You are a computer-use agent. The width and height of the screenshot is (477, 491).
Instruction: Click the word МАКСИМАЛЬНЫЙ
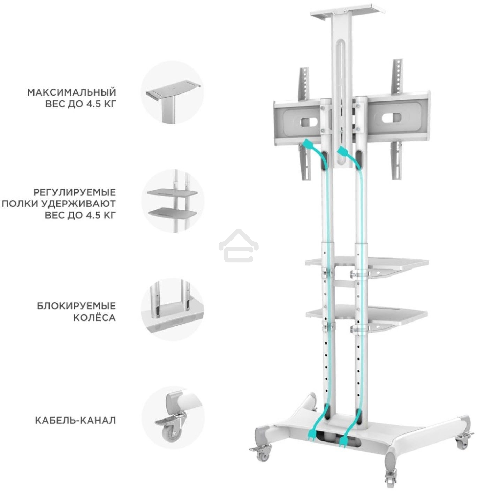click(71, 93)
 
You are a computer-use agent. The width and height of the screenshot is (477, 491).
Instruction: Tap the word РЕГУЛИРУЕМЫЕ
click(75, 192)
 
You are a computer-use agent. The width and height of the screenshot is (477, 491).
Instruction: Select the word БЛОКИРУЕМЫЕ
click(76, 306)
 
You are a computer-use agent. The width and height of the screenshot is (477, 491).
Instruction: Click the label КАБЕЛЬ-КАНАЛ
click(75, 421)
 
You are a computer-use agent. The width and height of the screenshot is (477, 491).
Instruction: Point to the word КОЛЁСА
click(94, 317)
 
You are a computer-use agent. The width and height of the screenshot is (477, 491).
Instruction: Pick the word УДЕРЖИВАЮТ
click(78, 204)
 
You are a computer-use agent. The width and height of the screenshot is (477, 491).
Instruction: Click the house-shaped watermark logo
click(238, 245)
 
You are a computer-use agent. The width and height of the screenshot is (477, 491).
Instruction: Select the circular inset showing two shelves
click(173, 201)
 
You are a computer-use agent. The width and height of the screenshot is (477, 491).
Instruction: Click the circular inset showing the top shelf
click(173, 92)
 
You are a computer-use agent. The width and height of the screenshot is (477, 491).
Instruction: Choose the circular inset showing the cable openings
click(173, 309)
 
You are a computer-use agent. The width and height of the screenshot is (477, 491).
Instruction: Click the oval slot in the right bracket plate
click(391, 118)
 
